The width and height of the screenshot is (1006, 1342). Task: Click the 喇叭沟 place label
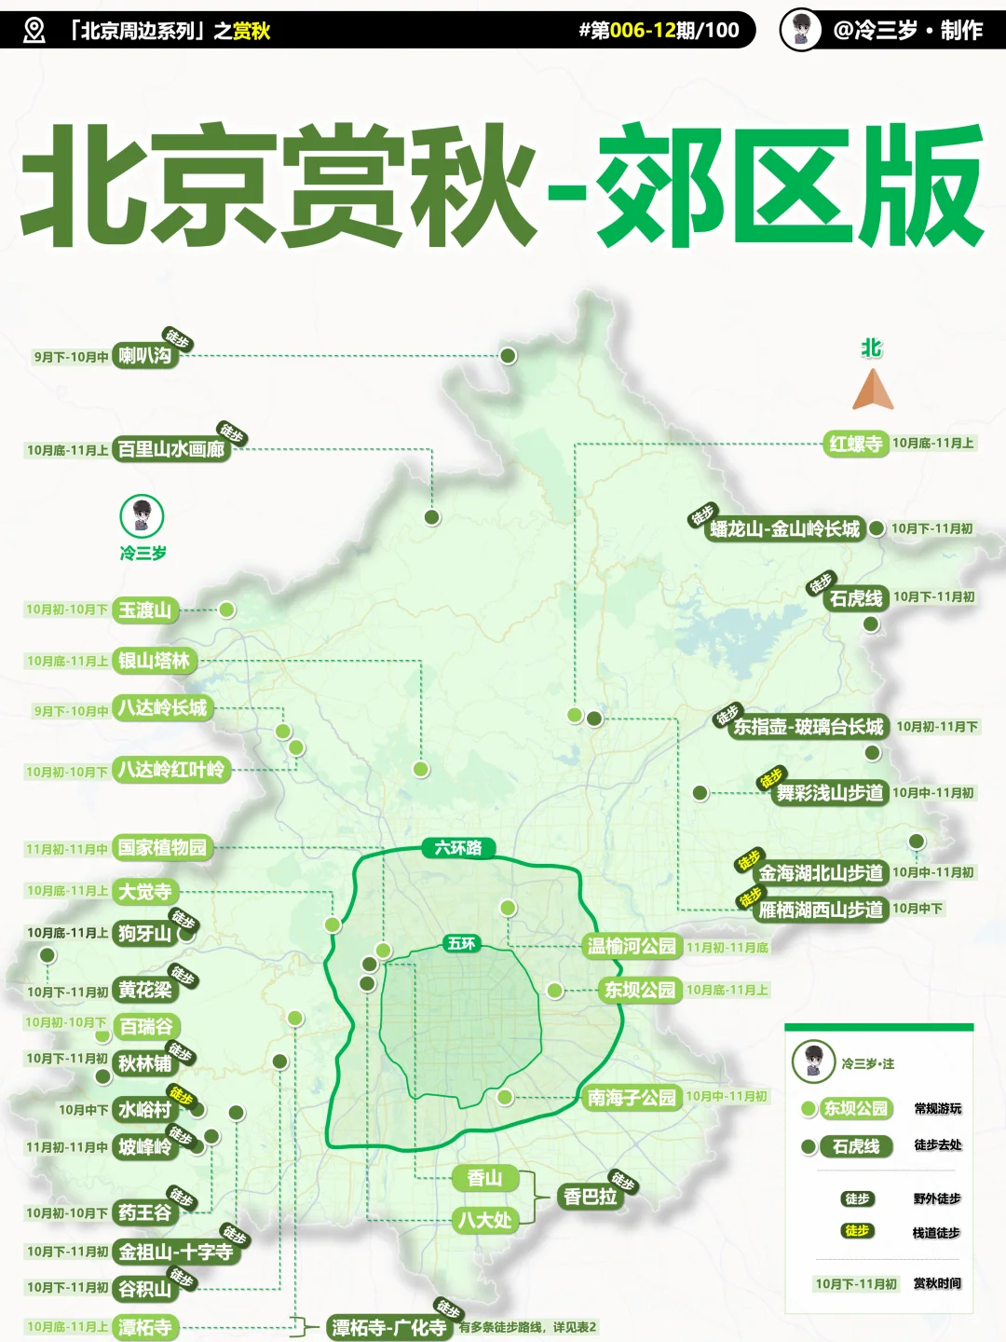tap(145, 355)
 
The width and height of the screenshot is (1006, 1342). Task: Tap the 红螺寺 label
tap(856, 444)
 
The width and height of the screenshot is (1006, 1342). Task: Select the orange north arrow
tap(873, 390)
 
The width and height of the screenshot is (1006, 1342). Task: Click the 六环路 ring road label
tap(457, 847)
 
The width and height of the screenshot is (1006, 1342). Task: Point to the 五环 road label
tap(461, 943)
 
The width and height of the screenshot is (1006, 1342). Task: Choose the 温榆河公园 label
tap(632, 947)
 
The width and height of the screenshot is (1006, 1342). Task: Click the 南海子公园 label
tap(632, 1098)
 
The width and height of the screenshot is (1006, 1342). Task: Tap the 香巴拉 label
tap(591, 1197)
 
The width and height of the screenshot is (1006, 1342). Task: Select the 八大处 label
tap(484, 1220)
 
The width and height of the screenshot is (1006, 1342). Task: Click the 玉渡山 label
tap(144, 610)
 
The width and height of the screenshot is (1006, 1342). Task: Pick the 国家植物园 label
tap(162, 847)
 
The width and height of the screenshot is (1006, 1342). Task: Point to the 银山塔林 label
tap(154, 661)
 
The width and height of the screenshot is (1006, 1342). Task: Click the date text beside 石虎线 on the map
tap(933, 597)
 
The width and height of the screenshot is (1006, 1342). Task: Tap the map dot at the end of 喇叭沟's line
tap(508, 355)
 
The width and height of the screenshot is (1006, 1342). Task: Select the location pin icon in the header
tap(34, 30)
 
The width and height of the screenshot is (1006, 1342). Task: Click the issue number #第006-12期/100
tap(658, 30)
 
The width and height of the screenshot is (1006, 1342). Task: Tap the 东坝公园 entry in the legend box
tap(856, 1109)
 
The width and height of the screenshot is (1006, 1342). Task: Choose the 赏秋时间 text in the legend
tap(936, 1284)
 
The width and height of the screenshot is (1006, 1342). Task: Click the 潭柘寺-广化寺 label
tap(388, 1327)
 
